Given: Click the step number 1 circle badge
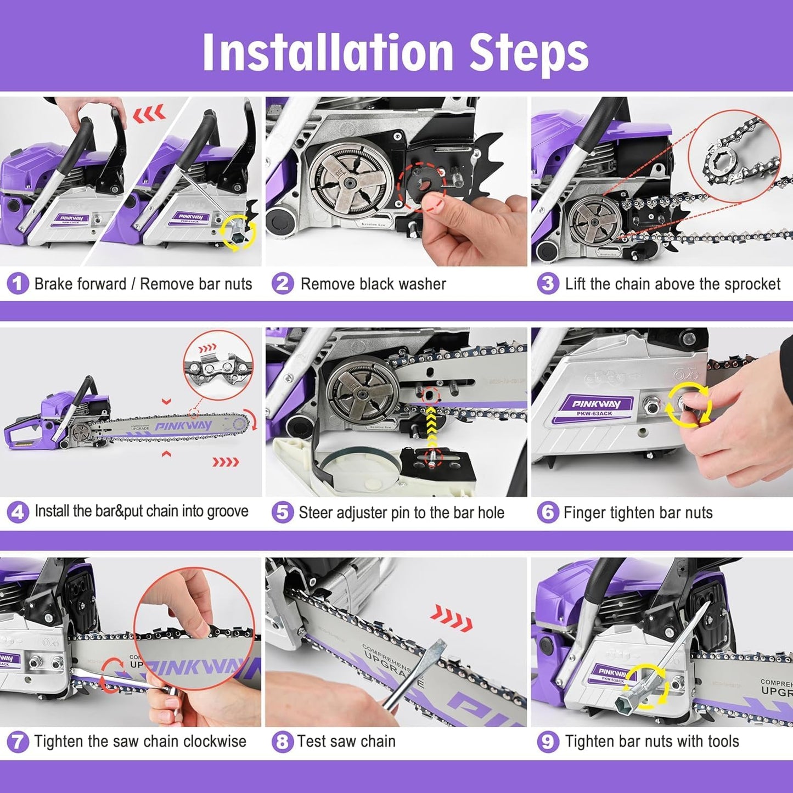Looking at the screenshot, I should [18, 284].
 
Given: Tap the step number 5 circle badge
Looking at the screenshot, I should [282, 513].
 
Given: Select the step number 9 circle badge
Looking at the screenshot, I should [547, 741].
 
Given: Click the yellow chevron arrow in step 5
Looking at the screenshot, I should [432, 428].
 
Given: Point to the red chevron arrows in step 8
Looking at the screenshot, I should [451, 618].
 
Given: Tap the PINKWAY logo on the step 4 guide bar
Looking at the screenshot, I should [183, 426].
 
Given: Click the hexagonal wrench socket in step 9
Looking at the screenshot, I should [626, 705].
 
